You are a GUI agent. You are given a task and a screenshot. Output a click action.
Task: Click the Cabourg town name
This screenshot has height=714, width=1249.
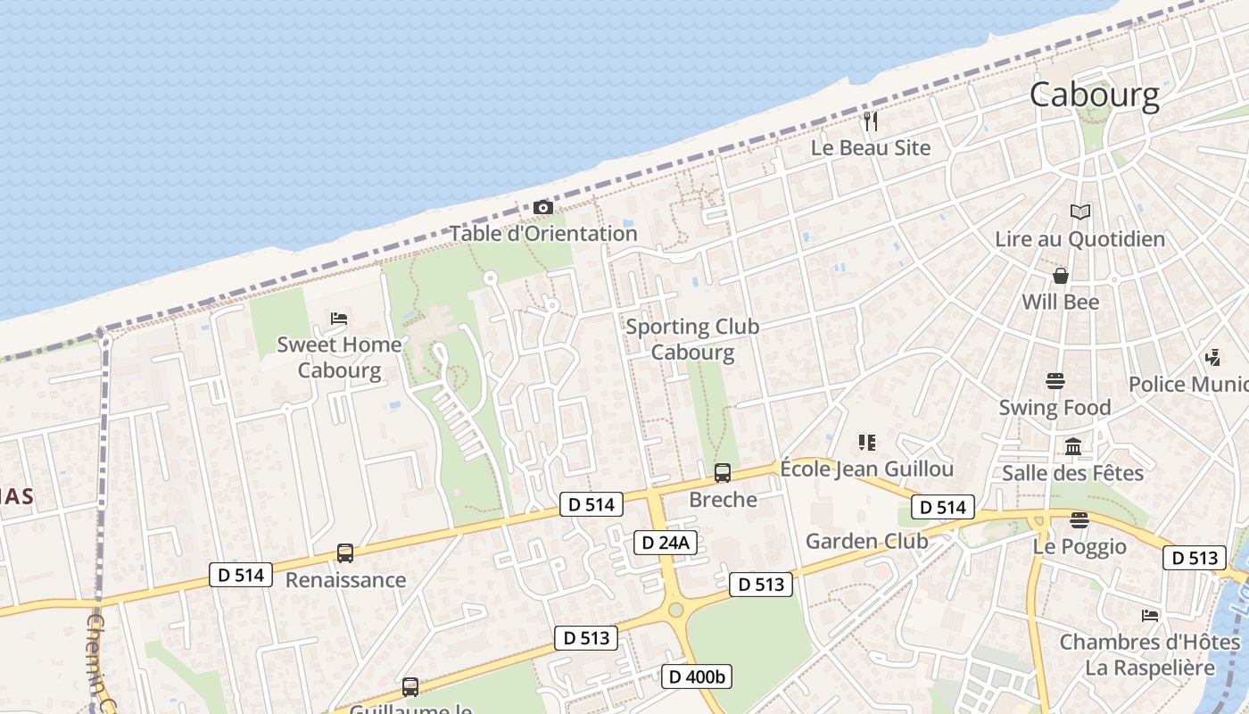[1095, 95]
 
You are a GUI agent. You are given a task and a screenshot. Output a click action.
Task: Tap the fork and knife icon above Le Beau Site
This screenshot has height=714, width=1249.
[871, 120]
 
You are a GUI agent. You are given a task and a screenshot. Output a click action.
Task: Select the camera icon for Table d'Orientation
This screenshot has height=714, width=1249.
[542, 208]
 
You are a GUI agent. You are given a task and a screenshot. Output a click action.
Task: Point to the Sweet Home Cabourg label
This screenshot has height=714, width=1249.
[339, 357]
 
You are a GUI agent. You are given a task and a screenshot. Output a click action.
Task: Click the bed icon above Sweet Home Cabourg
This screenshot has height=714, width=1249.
[339, 318]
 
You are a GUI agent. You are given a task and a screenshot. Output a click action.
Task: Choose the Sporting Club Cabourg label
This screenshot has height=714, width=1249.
[692, 339]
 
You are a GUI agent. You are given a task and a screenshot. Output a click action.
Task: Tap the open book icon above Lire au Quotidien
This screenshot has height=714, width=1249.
[1080, 212]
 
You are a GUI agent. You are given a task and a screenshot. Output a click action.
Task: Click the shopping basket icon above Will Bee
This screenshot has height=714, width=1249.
[1061, 276]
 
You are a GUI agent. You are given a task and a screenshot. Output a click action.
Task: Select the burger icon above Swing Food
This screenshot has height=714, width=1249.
[1055, 382]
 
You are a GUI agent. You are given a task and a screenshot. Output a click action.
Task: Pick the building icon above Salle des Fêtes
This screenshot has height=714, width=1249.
[1073, 446]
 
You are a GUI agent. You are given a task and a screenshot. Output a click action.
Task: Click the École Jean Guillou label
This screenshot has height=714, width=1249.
[866, 469]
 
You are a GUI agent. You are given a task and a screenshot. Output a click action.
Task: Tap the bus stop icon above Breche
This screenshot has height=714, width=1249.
[723, 473]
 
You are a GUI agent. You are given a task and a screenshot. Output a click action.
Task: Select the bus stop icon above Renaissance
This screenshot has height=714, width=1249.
[345, 553]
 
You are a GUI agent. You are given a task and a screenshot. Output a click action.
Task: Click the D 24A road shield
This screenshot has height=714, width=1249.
[666, 542]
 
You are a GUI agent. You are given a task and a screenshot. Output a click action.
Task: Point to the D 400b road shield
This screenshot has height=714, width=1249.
[697, 677]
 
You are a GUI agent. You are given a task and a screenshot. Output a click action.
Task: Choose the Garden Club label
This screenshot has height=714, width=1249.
[866, 541]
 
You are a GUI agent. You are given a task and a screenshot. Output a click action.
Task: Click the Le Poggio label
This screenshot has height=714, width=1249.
[1079, 546]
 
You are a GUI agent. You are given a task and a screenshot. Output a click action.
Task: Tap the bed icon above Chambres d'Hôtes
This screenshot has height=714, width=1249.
[1149, 616]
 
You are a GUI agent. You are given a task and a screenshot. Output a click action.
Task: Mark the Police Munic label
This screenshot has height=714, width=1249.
[1187, 385]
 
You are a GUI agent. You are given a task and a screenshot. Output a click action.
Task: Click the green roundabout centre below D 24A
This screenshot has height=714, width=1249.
[676, 610]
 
